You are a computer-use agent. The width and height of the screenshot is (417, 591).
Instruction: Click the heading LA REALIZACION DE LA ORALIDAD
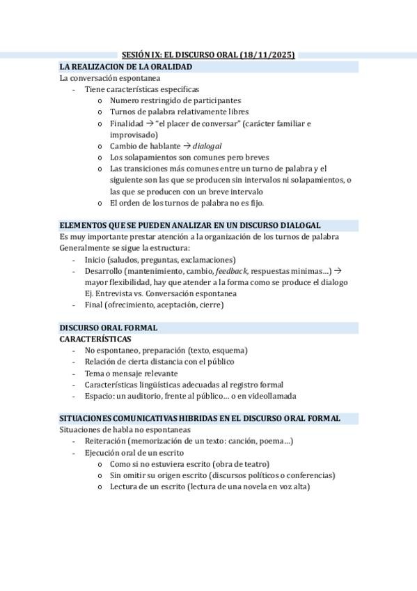click(x=126, y=66)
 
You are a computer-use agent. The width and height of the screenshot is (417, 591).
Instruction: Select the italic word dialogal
click(x=207, y=146)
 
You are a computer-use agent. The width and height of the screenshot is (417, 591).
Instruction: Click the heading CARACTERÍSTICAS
click(x=95, y=339)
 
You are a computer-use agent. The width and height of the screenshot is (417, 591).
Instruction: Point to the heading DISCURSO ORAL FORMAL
click(x=109, y=328)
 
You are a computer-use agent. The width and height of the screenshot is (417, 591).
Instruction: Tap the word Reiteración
click(x=106, y=441)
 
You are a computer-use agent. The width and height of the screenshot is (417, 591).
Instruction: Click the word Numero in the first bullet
click(x=125, y=100)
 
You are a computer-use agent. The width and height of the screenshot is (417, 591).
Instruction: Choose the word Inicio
click(x=96, y=259)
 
